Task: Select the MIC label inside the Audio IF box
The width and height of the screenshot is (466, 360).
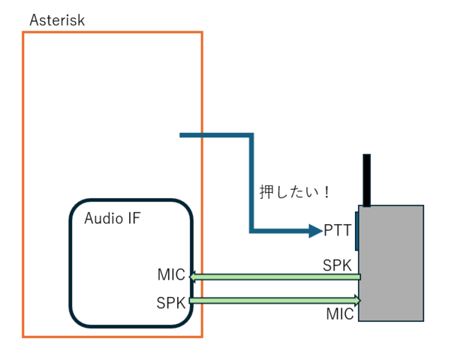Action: [x=171, y=274]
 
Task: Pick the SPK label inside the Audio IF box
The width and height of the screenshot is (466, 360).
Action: [x=171, y=303]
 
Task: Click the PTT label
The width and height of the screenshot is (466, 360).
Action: [x=338, y=231]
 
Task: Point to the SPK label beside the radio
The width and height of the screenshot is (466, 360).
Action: [x=337, y=265]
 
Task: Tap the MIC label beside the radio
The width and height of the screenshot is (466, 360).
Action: [x=340, y=314]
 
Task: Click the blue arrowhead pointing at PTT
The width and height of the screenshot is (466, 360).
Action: [x=316, y=231]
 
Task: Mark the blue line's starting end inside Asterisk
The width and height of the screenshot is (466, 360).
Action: [x=182, y=135]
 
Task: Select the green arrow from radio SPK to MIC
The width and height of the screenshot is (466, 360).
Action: [x=278, y=277]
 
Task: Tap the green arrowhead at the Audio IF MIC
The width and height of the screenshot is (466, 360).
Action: [x=193, y=277]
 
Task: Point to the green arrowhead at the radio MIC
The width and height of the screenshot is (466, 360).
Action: [x=358, y=301]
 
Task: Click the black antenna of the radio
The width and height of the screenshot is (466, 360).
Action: [x=367, y=180]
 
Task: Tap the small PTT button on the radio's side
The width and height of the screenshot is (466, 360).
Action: [x=357, y=231]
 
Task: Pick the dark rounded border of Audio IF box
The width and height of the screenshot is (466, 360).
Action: [x=71, y=262]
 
